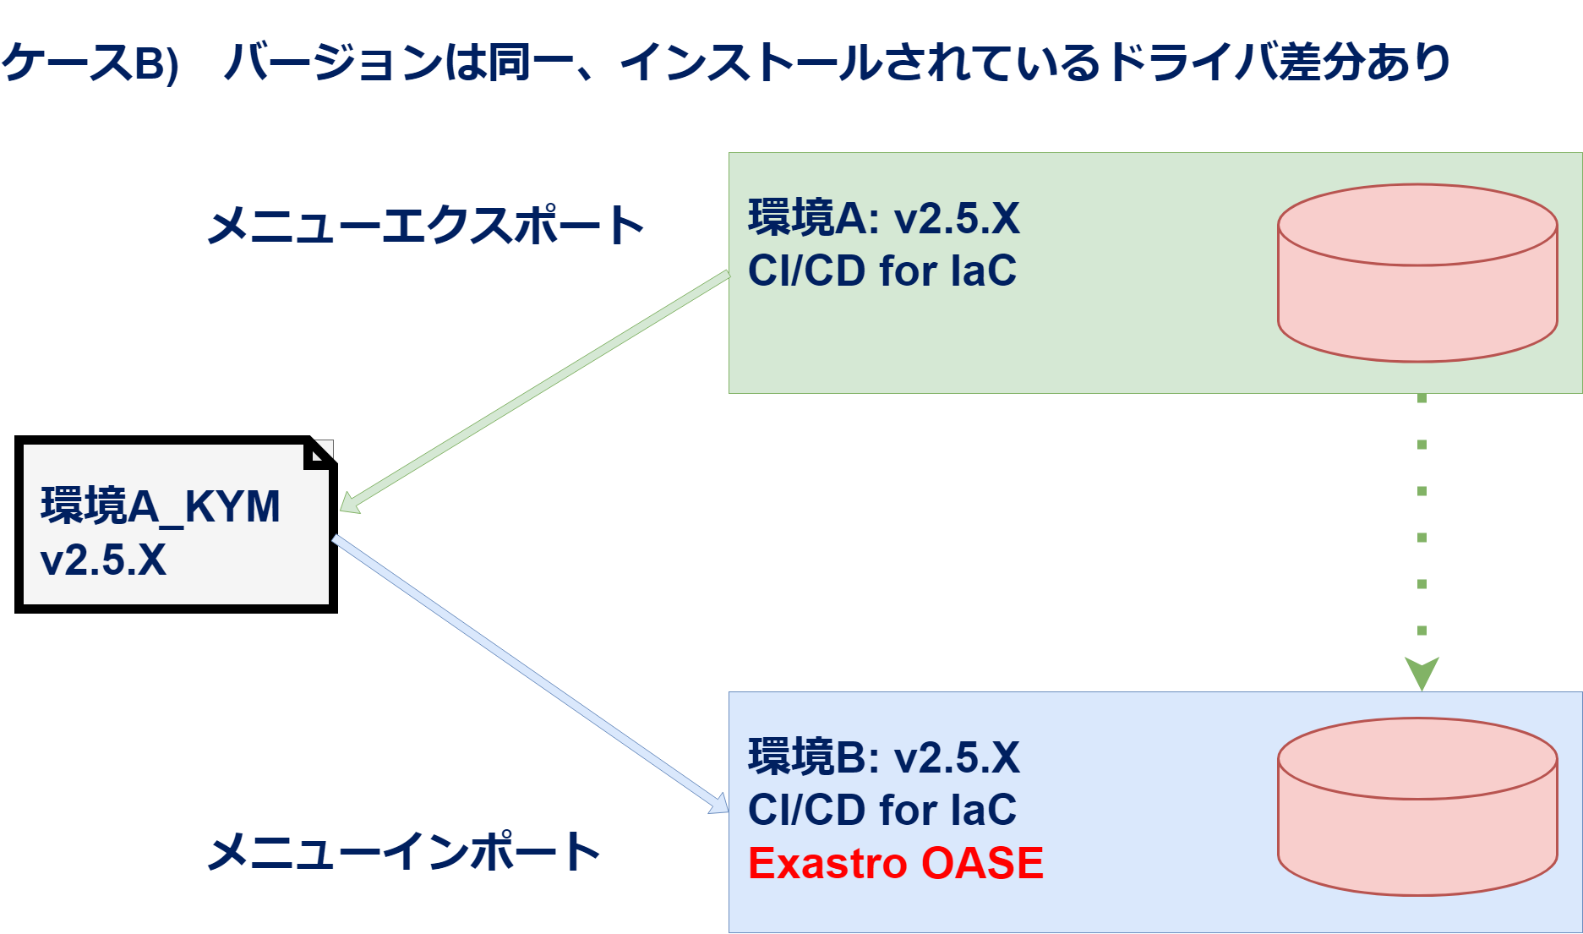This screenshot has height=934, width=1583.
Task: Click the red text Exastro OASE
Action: click(895, 863)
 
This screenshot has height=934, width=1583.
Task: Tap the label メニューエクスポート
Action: click(426, 226)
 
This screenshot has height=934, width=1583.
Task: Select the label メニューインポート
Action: click(404, 851)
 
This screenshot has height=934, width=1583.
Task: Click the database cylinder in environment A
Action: click(1417, 273)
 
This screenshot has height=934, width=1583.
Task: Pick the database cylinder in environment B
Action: click(1417, 806)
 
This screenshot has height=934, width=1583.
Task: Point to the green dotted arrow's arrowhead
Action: click(1422, 673)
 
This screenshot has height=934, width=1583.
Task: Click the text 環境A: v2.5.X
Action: click(883, 218)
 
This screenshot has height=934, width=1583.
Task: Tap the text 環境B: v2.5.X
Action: click(883, 757)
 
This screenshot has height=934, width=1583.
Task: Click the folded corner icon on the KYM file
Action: click(319, 454)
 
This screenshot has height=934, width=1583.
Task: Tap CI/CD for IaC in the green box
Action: click(882, 271)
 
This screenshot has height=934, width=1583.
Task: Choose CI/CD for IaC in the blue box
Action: click(882, 810)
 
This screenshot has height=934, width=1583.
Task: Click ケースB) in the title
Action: click(90, 63)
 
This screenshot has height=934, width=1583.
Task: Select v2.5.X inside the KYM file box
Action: click(103, 560)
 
